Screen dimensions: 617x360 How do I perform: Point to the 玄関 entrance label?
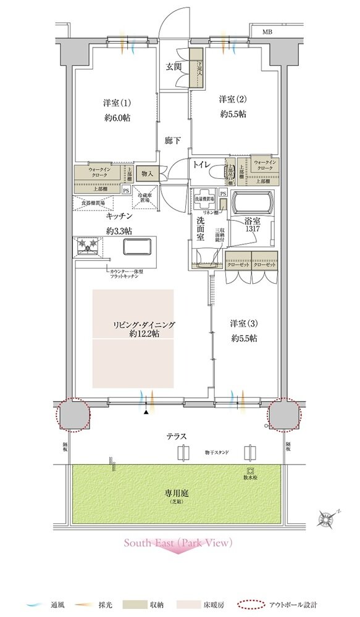point(174,67)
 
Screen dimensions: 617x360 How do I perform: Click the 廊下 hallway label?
point(172,140)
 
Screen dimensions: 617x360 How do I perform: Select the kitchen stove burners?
point(88,247)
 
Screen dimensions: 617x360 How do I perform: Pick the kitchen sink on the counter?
point(139,247)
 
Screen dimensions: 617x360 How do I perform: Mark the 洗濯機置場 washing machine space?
point(203,199)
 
